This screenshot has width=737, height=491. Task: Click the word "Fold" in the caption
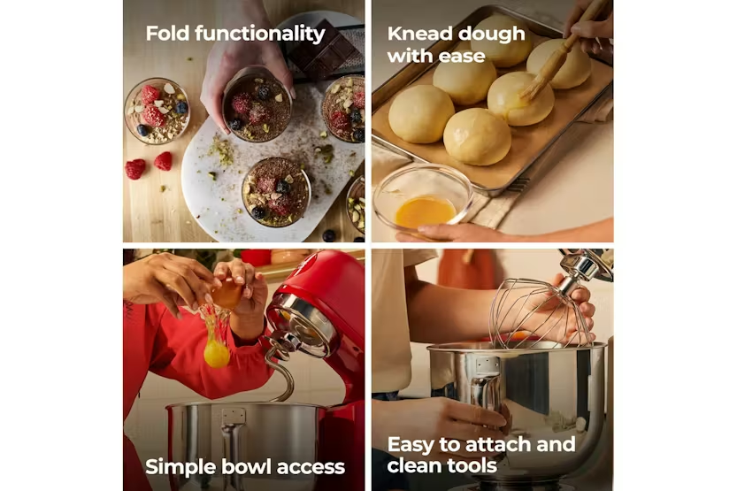point(167,34)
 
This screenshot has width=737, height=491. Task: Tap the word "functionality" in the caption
point(260,34)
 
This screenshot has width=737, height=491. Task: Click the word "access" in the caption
point(311,468)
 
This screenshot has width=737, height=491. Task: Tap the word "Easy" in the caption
point(411,445)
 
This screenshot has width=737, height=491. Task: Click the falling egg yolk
point(217,353)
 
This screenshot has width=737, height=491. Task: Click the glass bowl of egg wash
point(423,199)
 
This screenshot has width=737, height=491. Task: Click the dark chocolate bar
point(325,48)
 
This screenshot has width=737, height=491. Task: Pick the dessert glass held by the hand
point(257,105)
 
